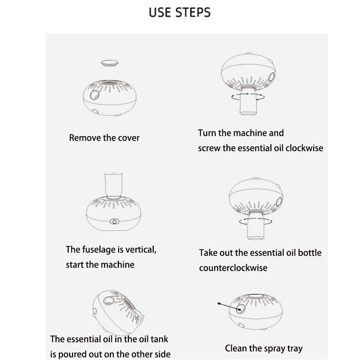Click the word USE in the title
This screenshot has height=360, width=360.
click(x=159, y=12)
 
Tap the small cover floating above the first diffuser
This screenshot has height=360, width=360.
click(x=109, y=62)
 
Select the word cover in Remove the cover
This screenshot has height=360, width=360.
click(x=129, y=138)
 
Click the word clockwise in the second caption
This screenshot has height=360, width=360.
click(x=304, y=148)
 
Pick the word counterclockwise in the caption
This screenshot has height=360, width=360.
click(x=233, y=268)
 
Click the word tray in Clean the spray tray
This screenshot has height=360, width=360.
click(x=295, y=348)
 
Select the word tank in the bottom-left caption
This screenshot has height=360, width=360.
click(x=159, y=339)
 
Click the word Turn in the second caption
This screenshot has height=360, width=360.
click(x=207, y=133)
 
